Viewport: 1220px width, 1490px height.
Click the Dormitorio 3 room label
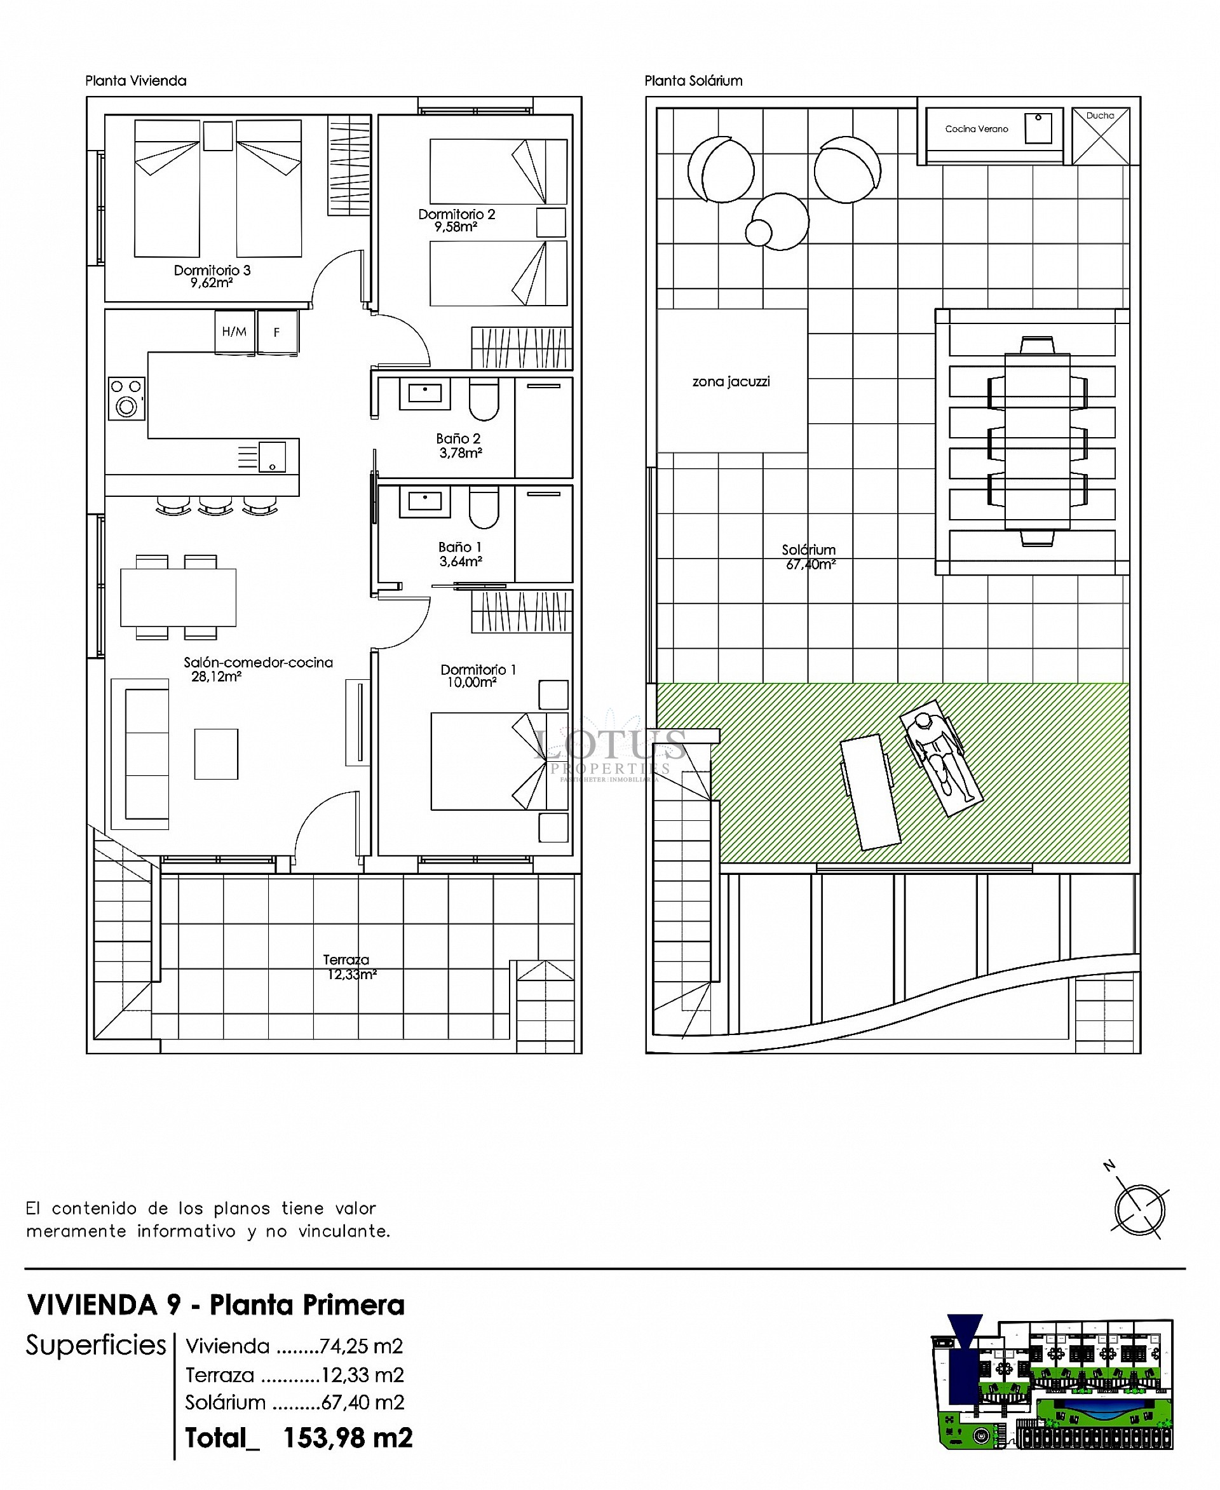pos(212,270)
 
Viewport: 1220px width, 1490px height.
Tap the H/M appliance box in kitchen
pos(234,332)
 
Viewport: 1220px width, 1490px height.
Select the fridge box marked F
pos(277,332)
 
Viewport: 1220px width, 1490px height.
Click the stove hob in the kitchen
pos(126,398)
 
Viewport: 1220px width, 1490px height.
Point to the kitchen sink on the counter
pos(271,456)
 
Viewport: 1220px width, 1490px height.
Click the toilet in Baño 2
pos(484,399)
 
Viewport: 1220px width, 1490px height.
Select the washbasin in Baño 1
pos(424,502)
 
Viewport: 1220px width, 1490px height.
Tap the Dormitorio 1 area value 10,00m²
pos(471,682)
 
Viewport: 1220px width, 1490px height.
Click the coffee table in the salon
pos(216,754)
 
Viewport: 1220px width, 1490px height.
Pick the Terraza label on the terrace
pos(346,959)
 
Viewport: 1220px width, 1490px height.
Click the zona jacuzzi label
pos(731,382)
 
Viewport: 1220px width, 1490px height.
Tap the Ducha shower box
pos(1101,135)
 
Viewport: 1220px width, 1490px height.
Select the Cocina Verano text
pos(976,128)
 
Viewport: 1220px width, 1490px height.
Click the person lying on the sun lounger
pos(942,761)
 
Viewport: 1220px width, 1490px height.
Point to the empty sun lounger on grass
pos(870,792)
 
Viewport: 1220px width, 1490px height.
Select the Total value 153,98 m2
pos(347,1438)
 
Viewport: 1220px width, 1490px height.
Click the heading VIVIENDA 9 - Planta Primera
pos(216,1304)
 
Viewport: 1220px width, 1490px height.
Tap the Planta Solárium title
pos(693,81)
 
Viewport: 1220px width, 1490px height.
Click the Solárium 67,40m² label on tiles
pos(810,557)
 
